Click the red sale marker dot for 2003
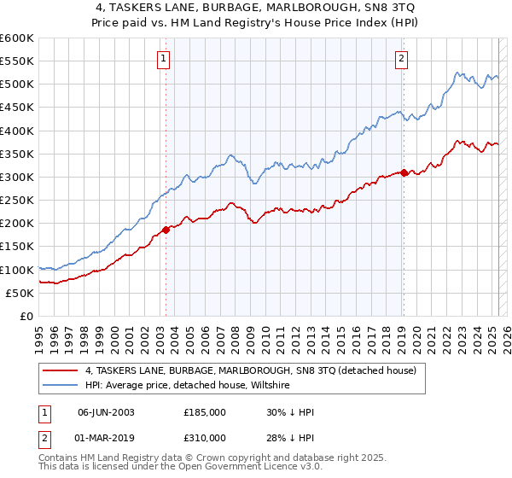click(x=166, y=229)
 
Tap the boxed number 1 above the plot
click(x=163, y=59)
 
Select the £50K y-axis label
click(x=20, y=293)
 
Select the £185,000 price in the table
click(x=205, y=412)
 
